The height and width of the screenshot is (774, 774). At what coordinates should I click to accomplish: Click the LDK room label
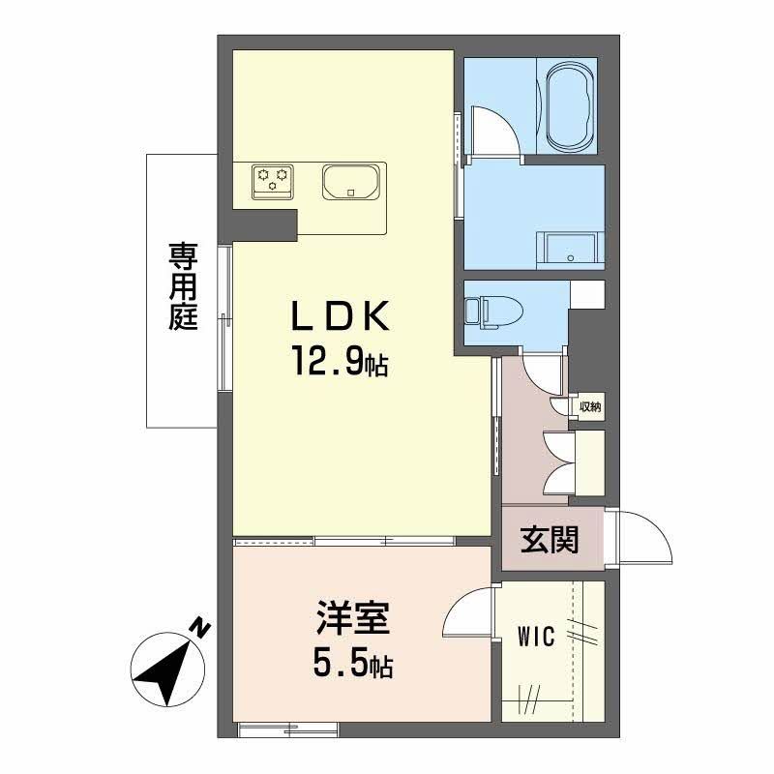343,317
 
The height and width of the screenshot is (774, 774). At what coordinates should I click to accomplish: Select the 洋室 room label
355,617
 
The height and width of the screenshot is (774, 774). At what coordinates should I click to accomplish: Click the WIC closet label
535,638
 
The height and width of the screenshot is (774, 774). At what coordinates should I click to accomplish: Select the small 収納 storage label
590,407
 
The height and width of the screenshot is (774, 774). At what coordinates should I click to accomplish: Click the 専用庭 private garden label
183,287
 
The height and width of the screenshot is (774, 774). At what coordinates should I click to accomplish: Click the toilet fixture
492,311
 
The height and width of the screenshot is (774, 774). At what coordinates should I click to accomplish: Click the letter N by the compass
199,627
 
